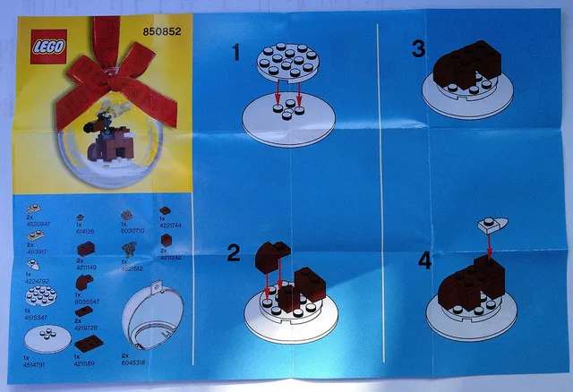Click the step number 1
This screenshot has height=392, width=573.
(236, 53)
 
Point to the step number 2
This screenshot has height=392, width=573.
(233, 254)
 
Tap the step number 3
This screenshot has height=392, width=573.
(418, 50)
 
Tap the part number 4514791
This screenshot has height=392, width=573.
(41, 364)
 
